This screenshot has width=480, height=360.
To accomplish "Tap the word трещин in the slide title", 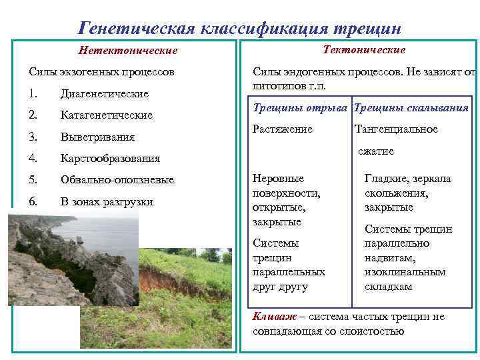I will pyautogui.click(x=369, y=29).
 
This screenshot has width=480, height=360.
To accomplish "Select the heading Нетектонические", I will pyautogui.click(x=128, y=51).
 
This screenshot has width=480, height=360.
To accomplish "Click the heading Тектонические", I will pyautogui.click(x=364, y=50).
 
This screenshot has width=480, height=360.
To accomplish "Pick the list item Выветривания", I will pyautogui.click(x=97, y=137).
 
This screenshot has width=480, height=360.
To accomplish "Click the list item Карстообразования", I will pyautogui.click(x=110, y=158).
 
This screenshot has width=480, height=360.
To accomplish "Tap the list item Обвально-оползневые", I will pyautogui.click(x=117, y=180).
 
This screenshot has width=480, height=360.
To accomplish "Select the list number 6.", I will pyautogui.click(x=33, y=201).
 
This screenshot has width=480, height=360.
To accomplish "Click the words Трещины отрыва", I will pyautogui.click(x=301, y=108).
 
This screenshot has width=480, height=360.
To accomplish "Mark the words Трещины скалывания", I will pyautogui.click(x=411, y=108).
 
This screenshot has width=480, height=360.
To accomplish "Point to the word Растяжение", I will pyautogui.click(x=283, y=129).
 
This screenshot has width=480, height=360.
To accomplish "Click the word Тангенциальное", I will pyautogui.click(x=396, y=129).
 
